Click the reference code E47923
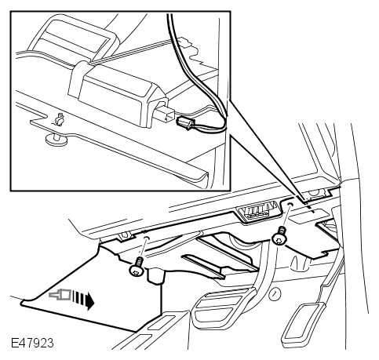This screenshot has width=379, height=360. tap(32, 343)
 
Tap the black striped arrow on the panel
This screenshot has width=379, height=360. tap(83, 300)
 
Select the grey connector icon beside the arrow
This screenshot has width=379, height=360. tap(60, 295)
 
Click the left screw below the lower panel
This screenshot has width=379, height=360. tap(137, 267)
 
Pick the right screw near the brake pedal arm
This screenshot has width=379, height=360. tap(280, 236)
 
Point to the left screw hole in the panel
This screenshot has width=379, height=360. tap(147, 238)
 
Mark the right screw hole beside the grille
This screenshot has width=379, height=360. tap(290, 204)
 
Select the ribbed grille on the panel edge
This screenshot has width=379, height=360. tap(258, 211)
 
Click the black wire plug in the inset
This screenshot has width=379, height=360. tap(184, 122)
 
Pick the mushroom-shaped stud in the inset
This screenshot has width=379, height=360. tap(56, 139)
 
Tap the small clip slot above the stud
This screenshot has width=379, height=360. tap(60, 119)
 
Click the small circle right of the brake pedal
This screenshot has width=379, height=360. tap(274, 295)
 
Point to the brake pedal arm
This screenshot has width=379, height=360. tap(262, 267)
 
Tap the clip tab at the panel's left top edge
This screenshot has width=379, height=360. tap(124, 236)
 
